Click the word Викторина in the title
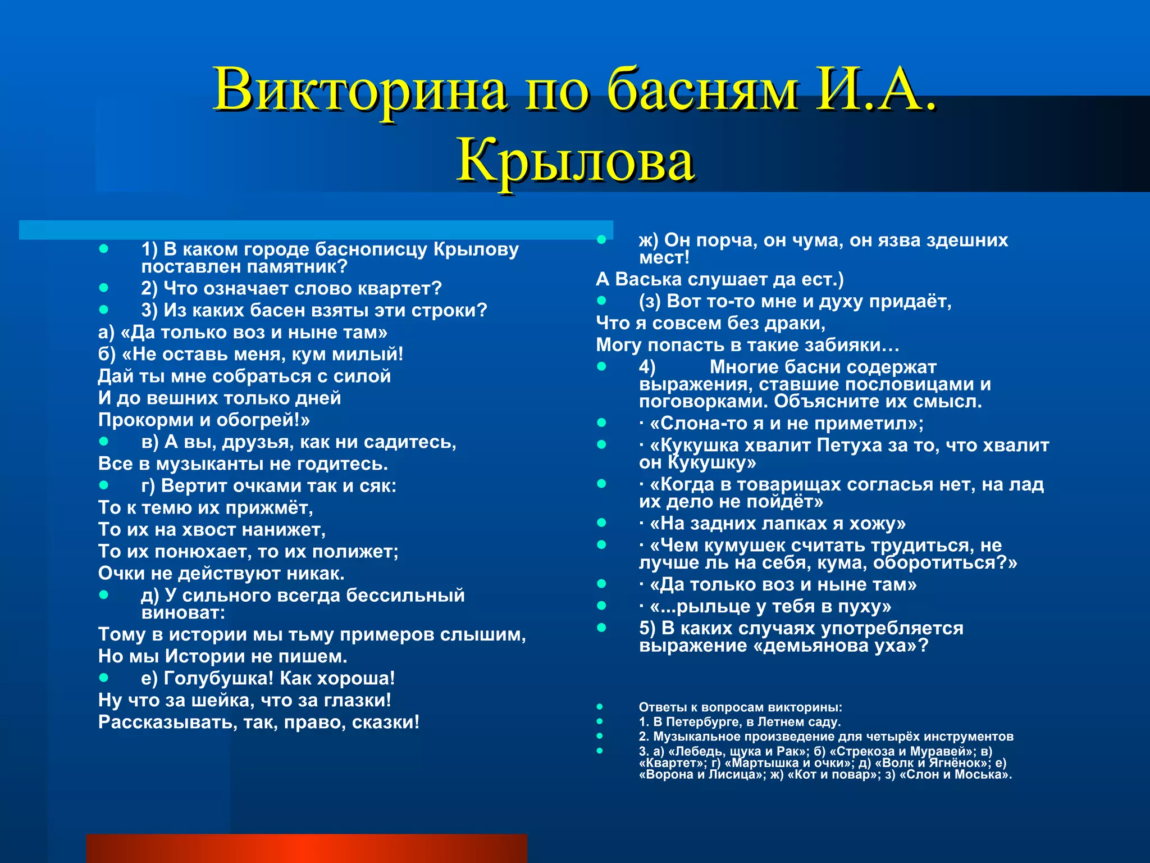coord(359,90)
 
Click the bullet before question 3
coord(103,310)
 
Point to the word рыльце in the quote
coord(710,606)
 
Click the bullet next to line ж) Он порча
coord(602,240)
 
